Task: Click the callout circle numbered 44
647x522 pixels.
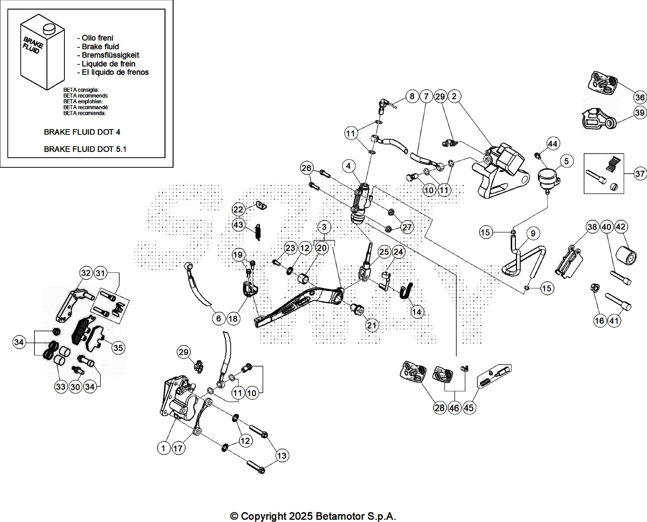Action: tap(552, 144)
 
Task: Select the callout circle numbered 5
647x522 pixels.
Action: tap(566, 161)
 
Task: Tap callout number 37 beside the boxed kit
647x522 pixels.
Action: tap(640, 174)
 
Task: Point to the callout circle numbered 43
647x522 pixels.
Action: tap(238, 225)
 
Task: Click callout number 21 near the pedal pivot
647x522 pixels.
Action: tap(372, 325)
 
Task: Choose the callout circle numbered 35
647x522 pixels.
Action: tap(118, 348)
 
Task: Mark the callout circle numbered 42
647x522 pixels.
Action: tap(621, 227)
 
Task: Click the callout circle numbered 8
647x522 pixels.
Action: tap(412, 97)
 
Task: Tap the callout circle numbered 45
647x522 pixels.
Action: tap(468, 408)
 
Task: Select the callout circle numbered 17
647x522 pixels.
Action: tap(178, 448)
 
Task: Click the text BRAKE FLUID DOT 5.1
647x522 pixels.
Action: tap(85, 149)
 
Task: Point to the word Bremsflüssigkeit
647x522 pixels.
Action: tap(110, 55)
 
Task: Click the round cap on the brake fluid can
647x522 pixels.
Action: tap(48, 28)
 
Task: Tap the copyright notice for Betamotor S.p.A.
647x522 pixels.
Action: tap(313, 516)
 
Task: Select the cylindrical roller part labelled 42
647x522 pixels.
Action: tap(626, 255)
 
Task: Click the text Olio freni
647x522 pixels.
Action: tap(97, 38)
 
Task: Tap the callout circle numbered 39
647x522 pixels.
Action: tap(640, 113)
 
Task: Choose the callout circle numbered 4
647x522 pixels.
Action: tap(348, 166)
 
